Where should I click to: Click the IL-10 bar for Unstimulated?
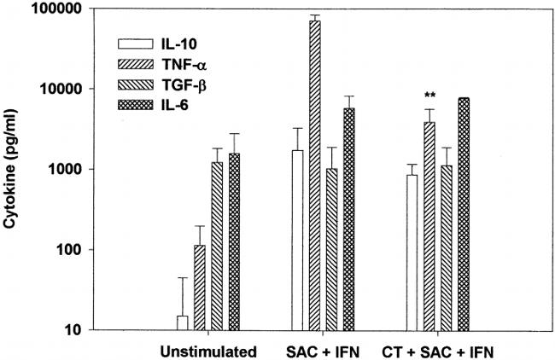tap(183, 323)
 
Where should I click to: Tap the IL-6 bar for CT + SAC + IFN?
tap(464, 214)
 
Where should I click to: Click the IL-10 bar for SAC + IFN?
tap(297, 240)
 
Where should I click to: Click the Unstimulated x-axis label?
tap(208, 349)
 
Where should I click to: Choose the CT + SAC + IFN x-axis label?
tap(438, 349)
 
